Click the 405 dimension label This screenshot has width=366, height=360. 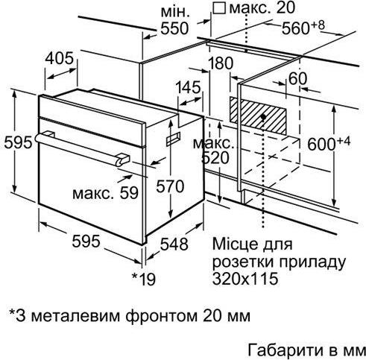tap(60, 59)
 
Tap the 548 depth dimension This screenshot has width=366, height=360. tap(174, 244)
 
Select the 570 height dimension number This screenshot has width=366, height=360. tap(170, 186)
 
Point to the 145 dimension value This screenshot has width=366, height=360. tap(188, 87)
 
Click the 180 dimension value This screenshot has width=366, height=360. tap(221, 63)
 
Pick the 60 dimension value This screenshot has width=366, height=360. tap(298, 79)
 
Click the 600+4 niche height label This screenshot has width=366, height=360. tap(329, 143)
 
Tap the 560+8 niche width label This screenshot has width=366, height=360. tap(303, 28)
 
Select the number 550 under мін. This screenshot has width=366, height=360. tap(174, 28)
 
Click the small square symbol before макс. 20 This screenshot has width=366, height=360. tap(219, 8)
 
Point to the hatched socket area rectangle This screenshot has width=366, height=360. tap(258, 116)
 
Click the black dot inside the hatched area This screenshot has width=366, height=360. tap(264, 116)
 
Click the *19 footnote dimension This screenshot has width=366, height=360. tap(144, 279)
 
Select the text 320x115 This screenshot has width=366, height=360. tap(244, 279)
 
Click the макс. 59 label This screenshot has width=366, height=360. tap(105, 193)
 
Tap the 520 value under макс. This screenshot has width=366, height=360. tap(215, 158)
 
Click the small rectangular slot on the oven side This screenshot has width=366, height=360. tap(173, 139)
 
